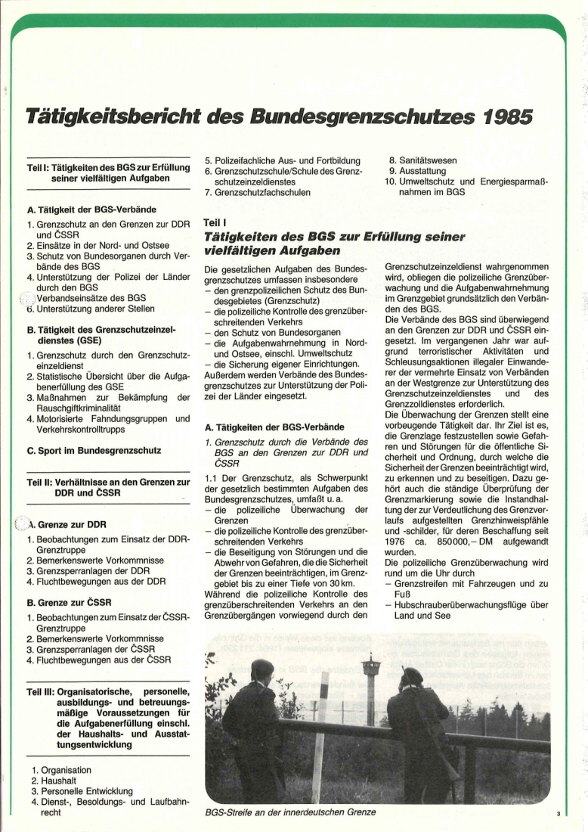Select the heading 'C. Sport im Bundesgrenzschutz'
tap(94, 450)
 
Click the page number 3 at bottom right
tap(557, 814)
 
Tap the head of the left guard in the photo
tap(262, 670)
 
